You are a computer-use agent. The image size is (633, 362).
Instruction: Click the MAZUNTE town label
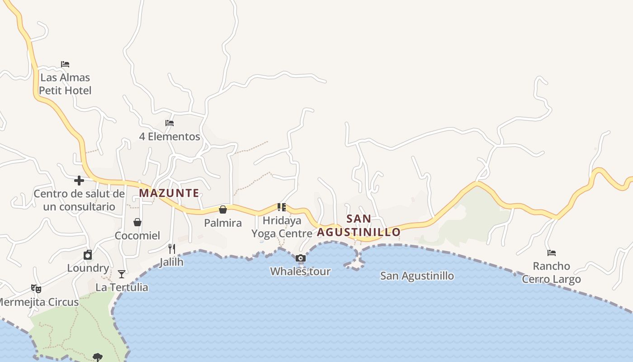pyautogui.click(x=169, y=193)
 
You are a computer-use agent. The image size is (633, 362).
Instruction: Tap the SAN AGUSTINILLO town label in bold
pyautogui.click(x=359, y=225)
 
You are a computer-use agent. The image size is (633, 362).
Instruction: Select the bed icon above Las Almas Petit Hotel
pyautogui.click(x=65, y=64)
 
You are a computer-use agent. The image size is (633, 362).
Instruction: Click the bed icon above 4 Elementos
pyautogui.click(x=170, y=123)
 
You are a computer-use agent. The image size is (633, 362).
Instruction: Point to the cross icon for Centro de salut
pyautogui.click(x=79, y=181)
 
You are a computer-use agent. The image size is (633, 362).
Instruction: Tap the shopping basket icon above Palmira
pyautogui.click(x=223, y=210)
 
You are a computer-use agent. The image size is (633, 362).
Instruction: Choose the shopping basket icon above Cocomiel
pyautogui.click(x=137, y=222)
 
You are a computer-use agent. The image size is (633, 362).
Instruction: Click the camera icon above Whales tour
pyautogui.click(x=301, y=258)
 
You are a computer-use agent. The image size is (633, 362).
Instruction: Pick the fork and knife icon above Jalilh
pyautogui.click(x=172, y=249)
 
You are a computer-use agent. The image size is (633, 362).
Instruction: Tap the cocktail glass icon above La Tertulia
pyautogui.click(x=122, y=274)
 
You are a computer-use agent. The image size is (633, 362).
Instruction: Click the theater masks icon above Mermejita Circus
pyautogui.click(x=36, y=289)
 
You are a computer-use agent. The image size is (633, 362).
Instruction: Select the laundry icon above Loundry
pyautogui.click(x=88, y=255)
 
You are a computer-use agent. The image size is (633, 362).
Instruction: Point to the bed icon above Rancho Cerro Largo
pyautogui.click(x=552, y=253)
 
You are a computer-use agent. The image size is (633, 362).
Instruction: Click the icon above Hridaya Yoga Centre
pyautogui.click(x=282, y=207)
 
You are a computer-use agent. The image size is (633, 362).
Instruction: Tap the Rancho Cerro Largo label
pyautogui.click(x=551, y=272)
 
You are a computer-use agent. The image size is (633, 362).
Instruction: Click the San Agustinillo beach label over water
pyautogui.click(x=417, y=276)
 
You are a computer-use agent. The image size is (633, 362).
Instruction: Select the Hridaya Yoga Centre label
pyautogui.click(x=282, y=227)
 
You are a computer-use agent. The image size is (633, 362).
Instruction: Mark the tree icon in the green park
pyautogui.click(x=98, y=357)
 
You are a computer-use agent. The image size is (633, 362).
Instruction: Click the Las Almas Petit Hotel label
pyautogui.click(x=65, y=84)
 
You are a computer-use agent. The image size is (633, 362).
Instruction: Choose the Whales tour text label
pyautogui.click(x=300, y=271)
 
